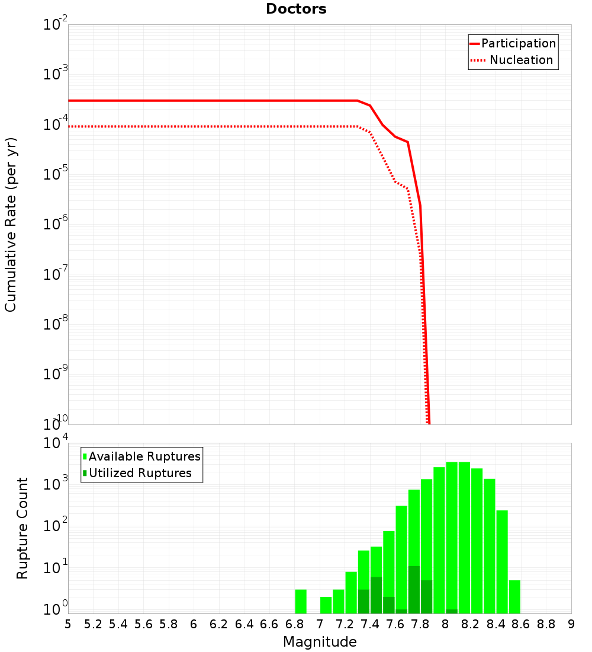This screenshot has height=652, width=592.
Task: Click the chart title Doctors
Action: tap(296, 9)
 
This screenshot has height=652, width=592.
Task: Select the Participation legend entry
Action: tap(519, 43)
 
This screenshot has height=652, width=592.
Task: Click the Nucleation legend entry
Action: tap(521, 60)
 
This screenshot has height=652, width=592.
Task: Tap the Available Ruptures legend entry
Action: tap(144, 456)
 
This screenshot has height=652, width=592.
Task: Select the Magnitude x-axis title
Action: tap(320, 642)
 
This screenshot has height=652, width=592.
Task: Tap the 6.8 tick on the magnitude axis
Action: tap(294, 624)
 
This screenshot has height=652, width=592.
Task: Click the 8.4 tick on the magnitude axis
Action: tap(496, 624)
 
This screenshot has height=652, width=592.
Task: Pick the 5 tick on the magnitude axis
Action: tap(68, 624)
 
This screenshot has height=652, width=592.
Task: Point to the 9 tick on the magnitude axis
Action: tap(571, 624)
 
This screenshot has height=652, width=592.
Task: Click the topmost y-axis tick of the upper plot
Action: tap(55, 25)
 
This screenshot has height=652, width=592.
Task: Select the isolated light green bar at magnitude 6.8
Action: tap(301, 602)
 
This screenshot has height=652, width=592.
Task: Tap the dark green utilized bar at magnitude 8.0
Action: tap(452, 611)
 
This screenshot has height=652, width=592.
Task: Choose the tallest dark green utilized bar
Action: tap(414, 590)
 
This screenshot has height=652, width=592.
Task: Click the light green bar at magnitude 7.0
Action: tap(326, 605)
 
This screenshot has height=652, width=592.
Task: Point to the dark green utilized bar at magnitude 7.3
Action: tap(363, 602)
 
